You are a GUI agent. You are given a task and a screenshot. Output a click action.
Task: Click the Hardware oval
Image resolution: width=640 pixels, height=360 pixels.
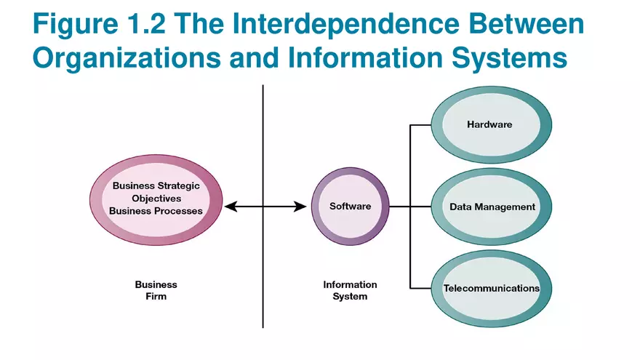(490, 124)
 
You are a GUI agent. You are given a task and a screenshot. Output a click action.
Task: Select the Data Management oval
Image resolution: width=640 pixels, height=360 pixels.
(492, 207)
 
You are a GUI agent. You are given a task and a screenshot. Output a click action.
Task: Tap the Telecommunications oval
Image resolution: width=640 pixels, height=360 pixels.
(492, 289)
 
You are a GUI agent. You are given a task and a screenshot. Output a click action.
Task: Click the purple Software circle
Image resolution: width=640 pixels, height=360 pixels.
(350, 206)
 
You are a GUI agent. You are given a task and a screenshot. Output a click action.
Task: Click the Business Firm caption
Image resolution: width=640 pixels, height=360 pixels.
(156, 290)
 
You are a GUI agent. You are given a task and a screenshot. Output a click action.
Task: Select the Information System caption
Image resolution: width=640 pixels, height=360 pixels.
(350, 290)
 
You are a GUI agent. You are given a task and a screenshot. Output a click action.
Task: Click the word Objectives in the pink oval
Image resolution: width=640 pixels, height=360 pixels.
(156, 198)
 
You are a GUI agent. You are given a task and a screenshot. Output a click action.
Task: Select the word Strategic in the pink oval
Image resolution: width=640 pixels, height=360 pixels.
(177, 185)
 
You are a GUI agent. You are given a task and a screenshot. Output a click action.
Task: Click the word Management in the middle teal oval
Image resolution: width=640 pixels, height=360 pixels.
(505, 207)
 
